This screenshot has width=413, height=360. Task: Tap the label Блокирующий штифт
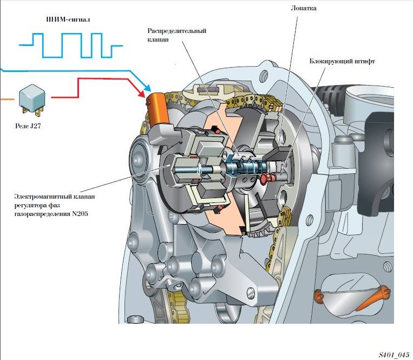point(343,61)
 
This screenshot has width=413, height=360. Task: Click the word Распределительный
point(177,30)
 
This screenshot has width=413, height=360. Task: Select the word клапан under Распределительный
point(161,39)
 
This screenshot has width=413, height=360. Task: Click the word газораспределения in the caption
point(41,214)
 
